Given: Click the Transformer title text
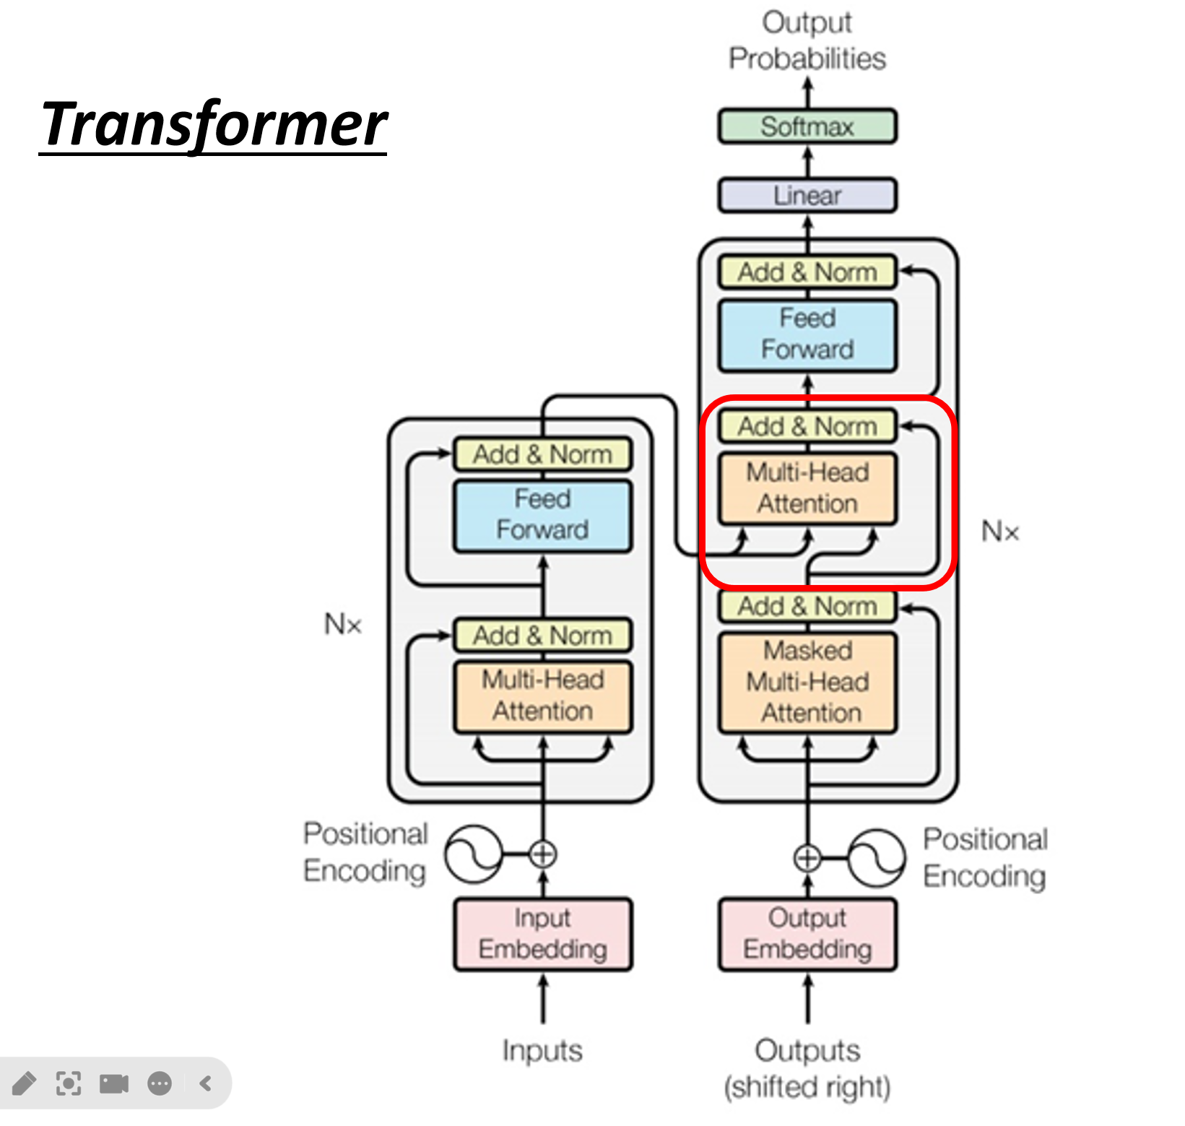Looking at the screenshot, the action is (x=214, y=125).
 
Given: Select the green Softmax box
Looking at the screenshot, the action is (x=807, y=126).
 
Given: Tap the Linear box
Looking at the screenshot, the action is (x=807, y=195).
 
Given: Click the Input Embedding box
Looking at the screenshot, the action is (x=543, y=934).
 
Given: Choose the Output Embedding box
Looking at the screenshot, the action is (x=807, y=934).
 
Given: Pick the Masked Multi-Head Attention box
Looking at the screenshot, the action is (x=807, y=682).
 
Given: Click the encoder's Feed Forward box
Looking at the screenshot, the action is (x=543, y=515).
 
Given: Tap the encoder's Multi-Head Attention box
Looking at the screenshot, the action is (x=543, y=696).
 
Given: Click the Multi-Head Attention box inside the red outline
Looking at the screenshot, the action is (x=807, y=488).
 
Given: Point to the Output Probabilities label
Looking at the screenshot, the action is (x=807, y=40).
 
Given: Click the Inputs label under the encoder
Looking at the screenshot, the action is (x=542, y=1050).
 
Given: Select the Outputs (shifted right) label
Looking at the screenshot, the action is (x=807, y=1068).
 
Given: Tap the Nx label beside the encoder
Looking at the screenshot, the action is (x=343, y=624).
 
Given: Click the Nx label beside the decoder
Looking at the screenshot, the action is (x=1000, y=532).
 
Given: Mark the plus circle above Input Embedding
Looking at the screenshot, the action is (x=543, y=854).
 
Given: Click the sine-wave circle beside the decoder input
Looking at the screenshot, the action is (x=876, y=858).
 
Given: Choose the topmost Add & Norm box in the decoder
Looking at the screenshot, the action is (x=807, y=272).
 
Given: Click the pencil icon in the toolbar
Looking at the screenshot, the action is (x=24, y=1083).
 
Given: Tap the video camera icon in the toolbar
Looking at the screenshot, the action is (x=114, y=1083).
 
